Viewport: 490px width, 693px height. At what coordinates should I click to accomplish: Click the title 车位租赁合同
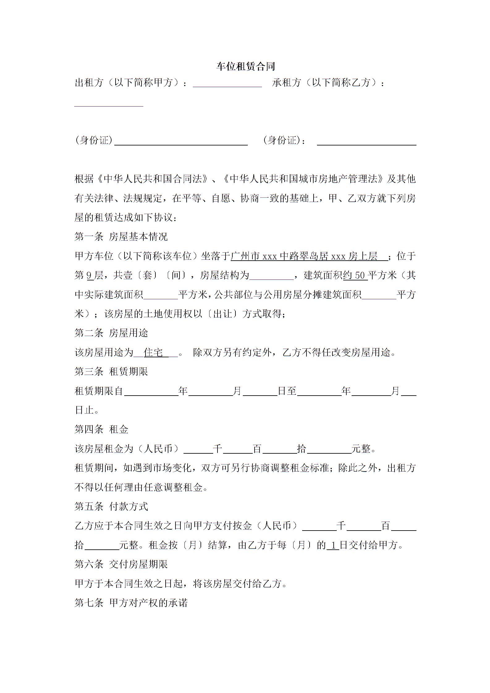tap(246, 67)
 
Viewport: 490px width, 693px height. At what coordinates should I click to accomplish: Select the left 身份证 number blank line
tap(181, 142)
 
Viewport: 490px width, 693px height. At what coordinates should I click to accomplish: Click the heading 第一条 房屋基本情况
tap(121, 237)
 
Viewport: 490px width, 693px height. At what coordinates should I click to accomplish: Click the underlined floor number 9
tap(90, 275)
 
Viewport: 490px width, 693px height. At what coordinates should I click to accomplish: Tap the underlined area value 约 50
tap(355, 275)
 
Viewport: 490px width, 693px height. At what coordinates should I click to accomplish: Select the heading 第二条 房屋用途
tap(111, 333)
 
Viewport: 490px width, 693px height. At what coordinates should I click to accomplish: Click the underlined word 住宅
tap(154, 352)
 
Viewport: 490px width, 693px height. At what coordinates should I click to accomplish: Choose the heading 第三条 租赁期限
tap(111, 372)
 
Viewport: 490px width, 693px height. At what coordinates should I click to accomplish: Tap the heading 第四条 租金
tap(101, 429)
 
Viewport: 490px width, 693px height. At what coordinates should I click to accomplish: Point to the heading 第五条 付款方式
tap(111, 506)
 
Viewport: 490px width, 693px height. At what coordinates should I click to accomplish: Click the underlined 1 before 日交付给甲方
tap(333, 545)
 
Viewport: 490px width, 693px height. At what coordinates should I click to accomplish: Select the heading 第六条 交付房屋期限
tap(121, 565)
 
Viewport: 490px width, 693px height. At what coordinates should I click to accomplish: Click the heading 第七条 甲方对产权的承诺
tap(131, 603)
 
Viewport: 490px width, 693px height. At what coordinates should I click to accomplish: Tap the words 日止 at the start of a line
tap(84, 410)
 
